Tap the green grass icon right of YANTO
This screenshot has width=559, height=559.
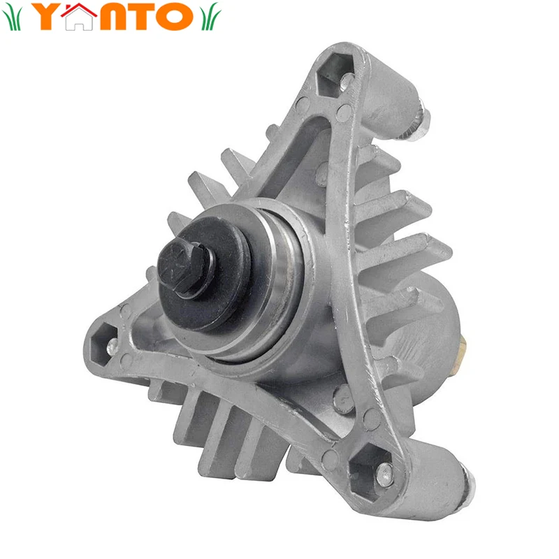[209, 17]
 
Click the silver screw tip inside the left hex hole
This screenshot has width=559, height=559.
[110, 343]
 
